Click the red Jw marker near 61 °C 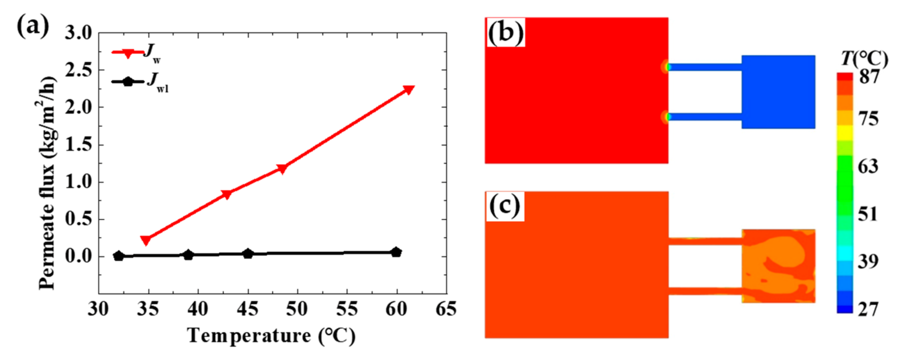(x=408, y=90)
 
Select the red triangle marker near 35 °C (x=146, y=240)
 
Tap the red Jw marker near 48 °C (x=282, y=168)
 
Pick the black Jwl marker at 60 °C (x=396, y=252)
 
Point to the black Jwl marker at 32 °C (x=119, y=256)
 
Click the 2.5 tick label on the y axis (x=78, y=70)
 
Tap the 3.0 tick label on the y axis (x=78, y=33)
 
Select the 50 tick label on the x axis (x=297, y=310)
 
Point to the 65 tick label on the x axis (x=446, y=310)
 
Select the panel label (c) (x=505, y=206)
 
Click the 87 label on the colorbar (x=869, y=76)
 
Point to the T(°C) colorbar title (x=864, y=58)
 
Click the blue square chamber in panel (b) (x=779, y=92)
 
